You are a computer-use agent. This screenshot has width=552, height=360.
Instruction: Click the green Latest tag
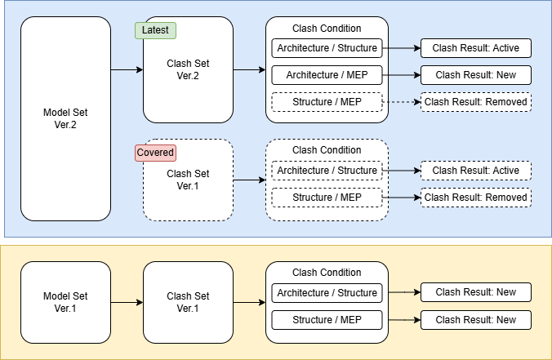(x=155, y=31)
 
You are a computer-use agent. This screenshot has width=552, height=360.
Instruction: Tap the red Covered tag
(x=155, y=153)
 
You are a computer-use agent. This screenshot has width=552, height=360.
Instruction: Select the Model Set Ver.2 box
(x=65, y=119)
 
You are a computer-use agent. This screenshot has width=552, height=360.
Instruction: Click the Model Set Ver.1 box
(x=65, y=302)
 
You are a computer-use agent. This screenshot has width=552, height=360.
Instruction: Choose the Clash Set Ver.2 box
(x=188, y=69)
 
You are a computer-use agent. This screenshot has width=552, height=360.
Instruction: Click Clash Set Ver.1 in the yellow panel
(x=188, y=302)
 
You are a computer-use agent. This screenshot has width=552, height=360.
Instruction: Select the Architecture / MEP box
(x=327, y=75)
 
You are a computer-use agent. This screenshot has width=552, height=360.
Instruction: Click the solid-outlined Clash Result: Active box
(x=475, y=48)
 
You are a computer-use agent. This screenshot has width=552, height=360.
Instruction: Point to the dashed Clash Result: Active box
(x=475, y=171)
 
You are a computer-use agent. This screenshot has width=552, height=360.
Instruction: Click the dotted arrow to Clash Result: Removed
(x=401, y=102)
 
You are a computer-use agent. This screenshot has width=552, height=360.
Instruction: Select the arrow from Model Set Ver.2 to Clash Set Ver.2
(x=127, y=69)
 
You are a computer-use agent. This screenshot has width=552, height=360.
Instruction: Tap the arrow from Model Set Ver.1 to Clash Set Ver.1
(x=127, y=302)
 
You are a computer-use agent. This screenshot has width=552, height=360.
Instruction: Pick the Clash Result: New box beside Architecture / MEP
(x=475, y=75)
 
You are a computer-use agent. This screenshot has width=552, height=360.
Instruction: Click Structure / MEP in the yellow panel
(x=327, y=320)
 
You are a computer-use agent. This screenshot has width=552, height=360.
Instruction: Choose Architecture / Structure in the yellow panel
(x=327, y=293)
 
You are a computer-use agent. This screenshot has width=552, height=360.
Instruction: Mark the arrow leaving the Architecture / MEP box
(x=401, y=75)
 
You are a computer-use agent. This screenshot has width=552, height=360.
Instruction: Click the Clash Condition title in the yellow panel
(x=327, y=273)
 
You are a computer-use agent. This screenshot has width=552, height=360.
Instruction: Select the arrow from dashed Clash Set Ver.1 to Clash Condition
(x=249, y=180)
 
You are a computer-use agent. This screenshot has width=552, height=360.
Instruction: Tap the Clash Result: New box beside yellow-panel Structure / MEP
(x=475, y=320)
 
